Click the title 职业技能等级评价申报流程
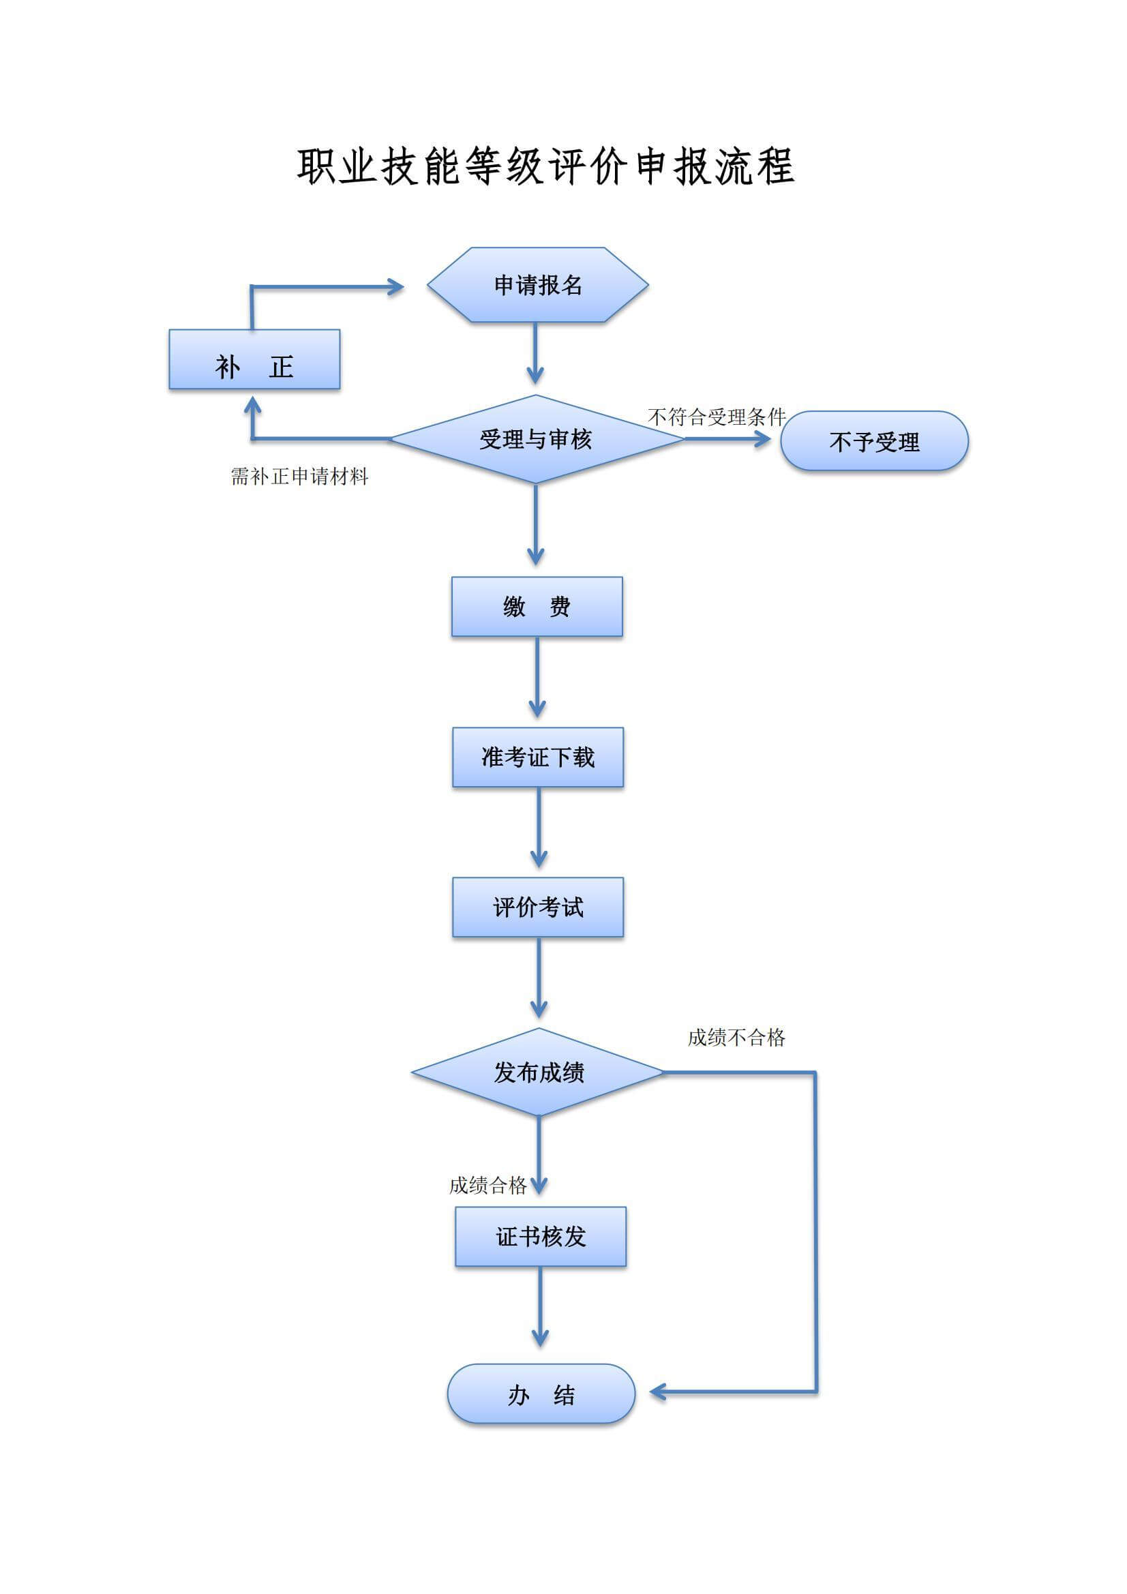pyautogui.click(x=546, y=167)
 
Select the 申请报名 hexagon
pyautogui.click(x=537, y=286)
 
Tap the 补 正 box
pyautogui.click(x=254, y=359)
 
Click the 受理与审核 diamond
pyautogui.click(x=536, y=440)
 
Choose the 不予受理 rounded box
pyautogui.click(x=873, y=442)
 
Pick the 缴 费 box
pyautogui.click(x=537, y=607)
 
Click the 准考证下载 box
pyautogui.click(x=537, y=757)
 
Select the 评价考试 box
pyautogui.click(x=537, y=907)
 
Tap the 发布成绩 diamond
pyautogui.click(x=538, y=1072)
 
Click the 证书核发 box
pyautogui.click(x=540, y=1237)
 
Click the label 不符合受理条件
pyautogui.click(x=716, y=417)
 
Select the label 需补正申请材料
pyautogui.click(x=299, y=477)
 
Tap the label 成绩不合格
pyautogui.click(x=736, y=1038)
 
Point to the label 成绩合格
pyautogui.click(x=487, y=1185)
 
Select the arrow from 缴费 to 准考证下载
pyautogui.click(x=537, y=677)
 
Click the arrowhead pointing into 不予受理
pyautogui.click(x=762, y=439)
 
